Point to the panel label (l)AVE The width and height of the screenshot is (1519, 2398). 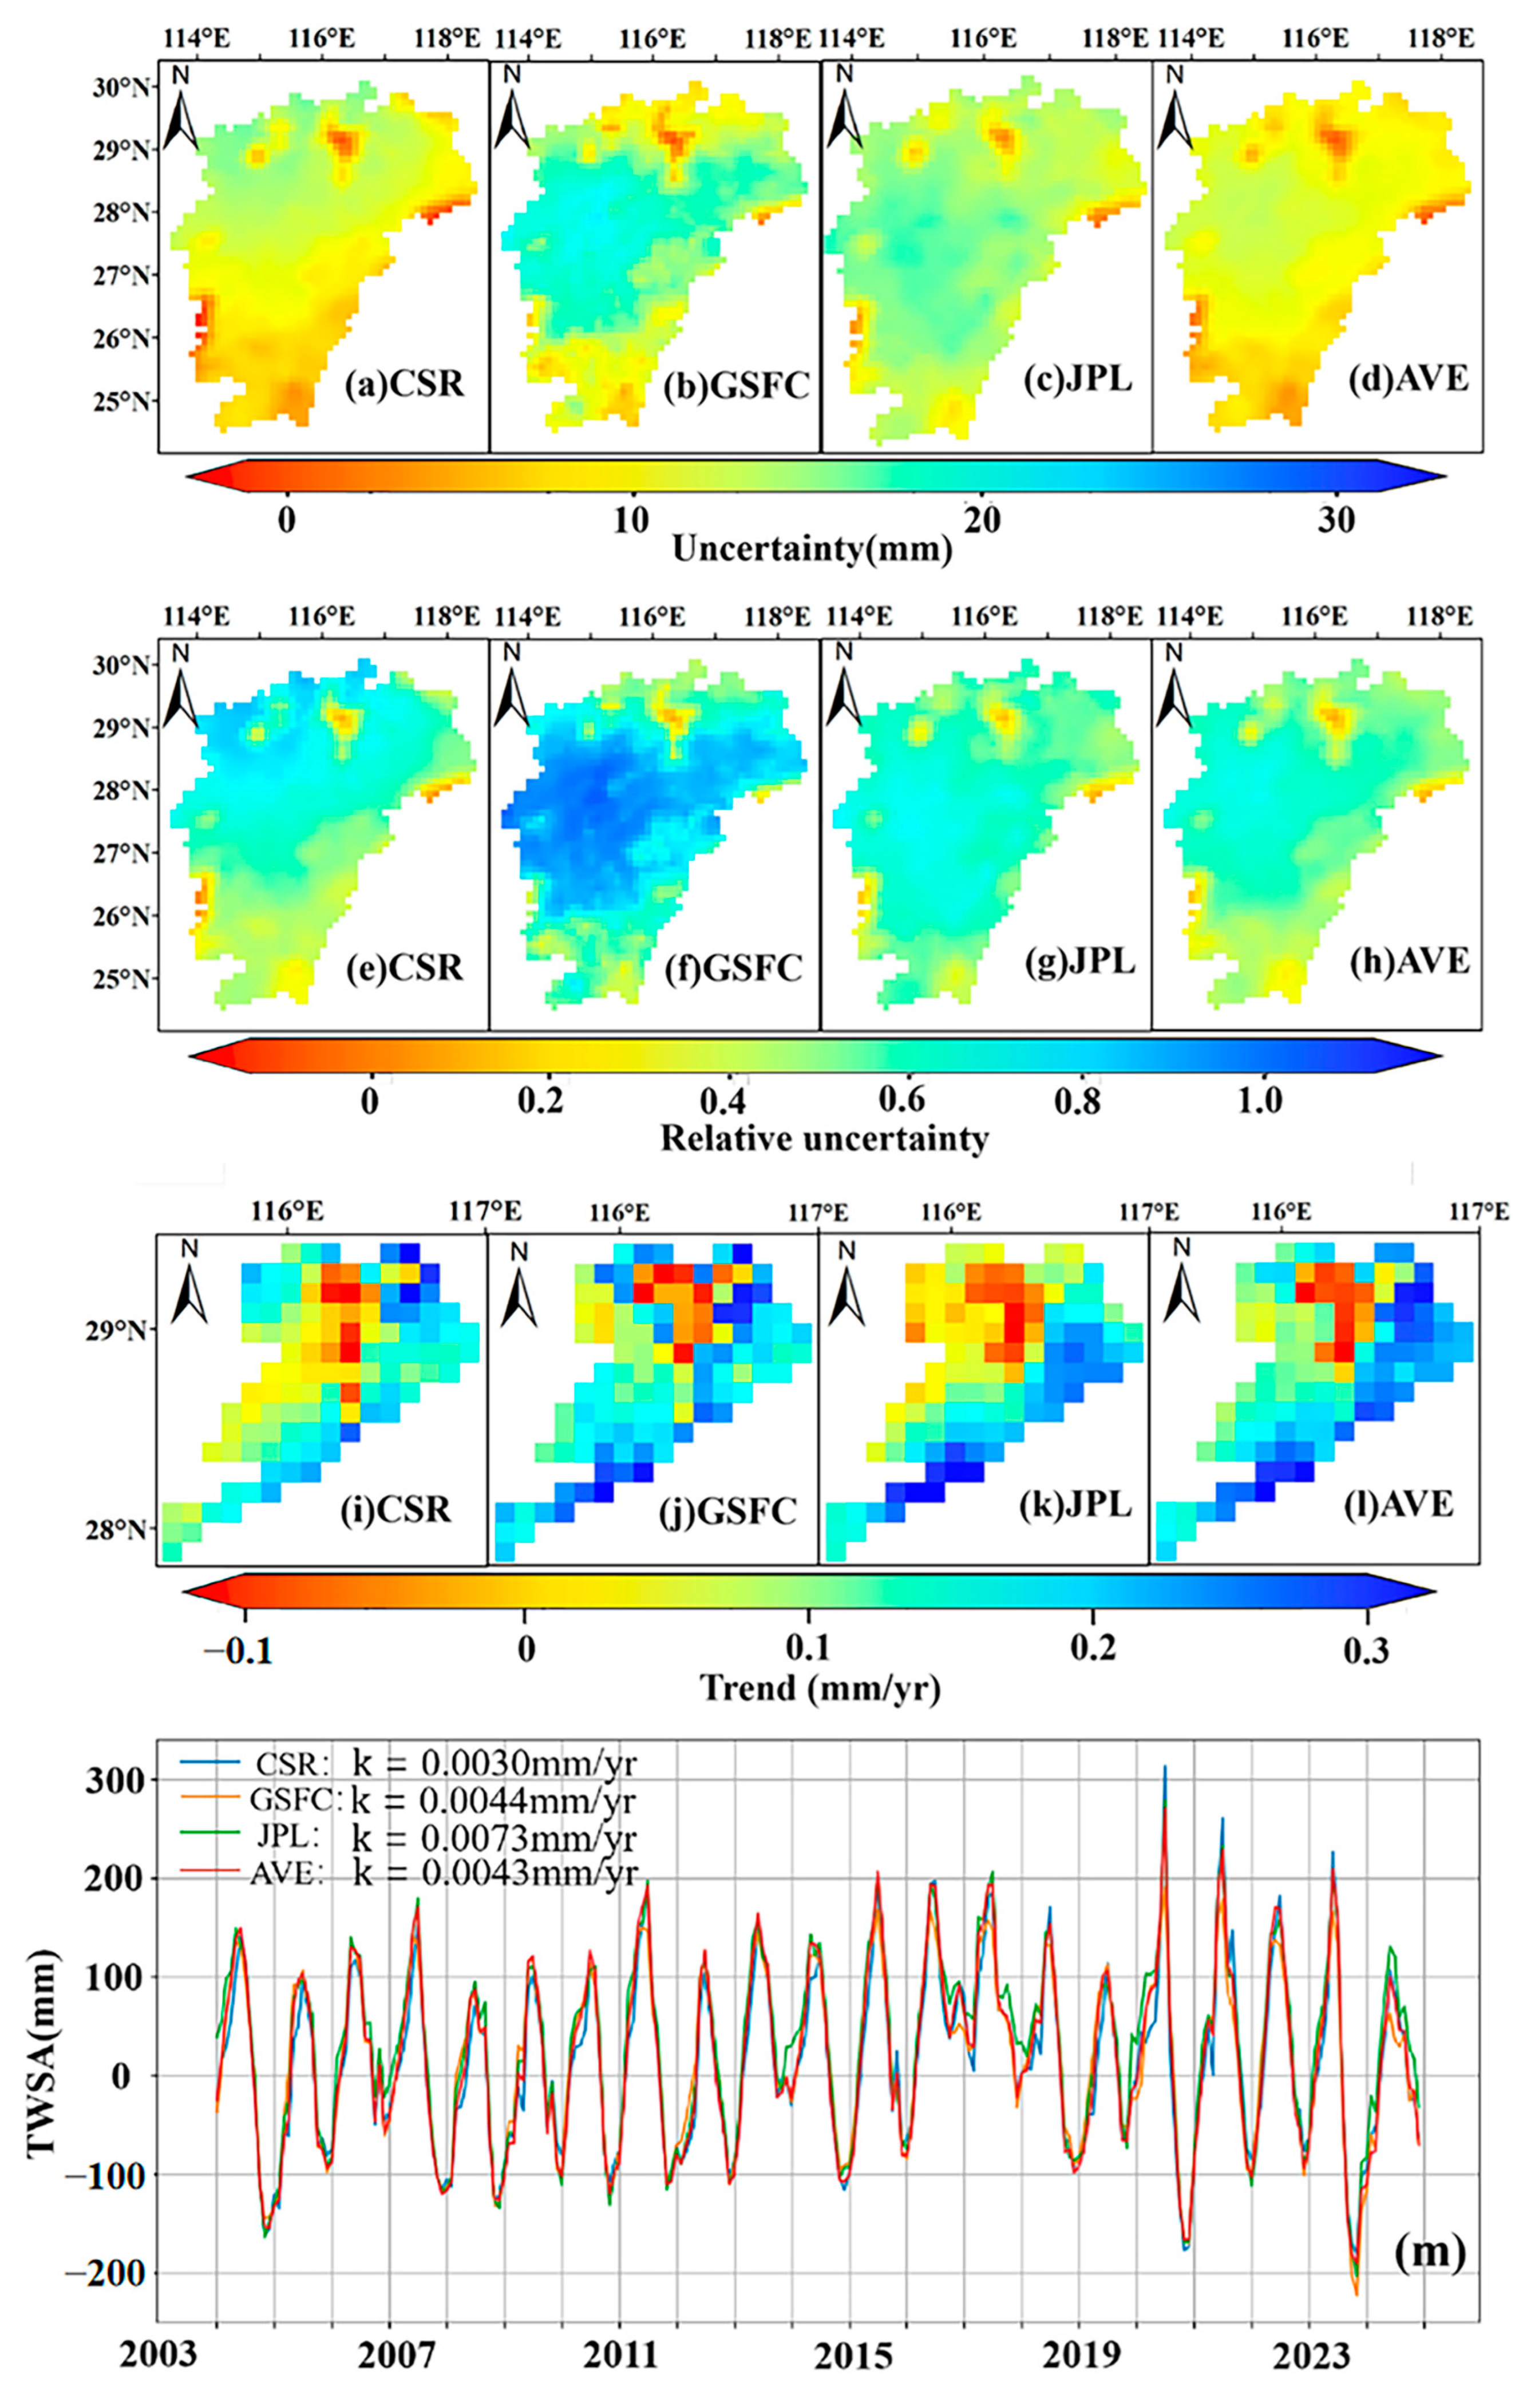pos(1406,1503)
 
